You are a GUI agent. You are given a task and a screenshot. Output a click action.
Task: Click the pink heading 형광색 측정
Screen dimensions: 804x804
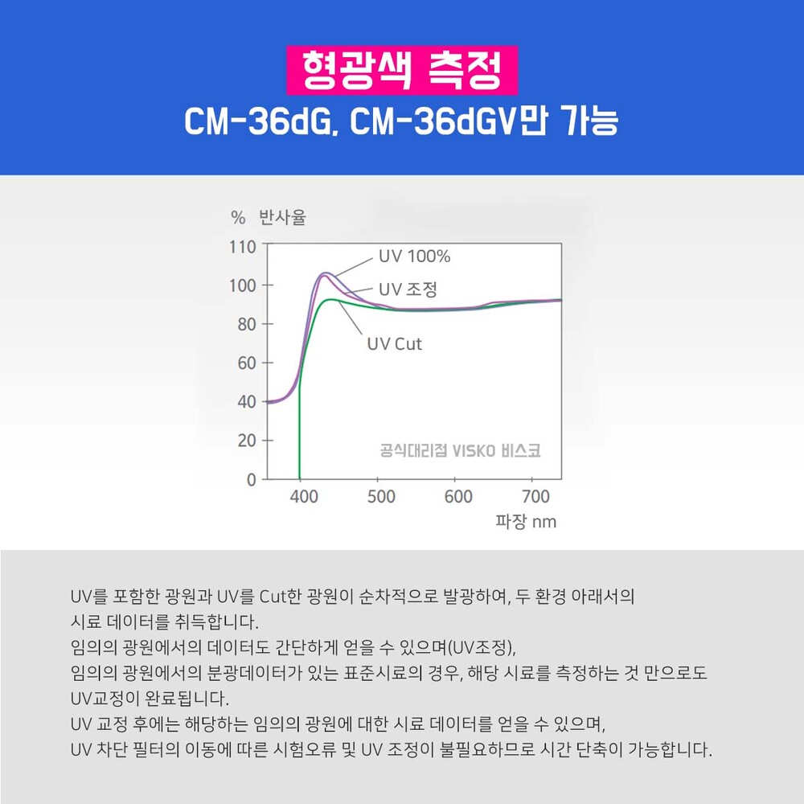[402, 70]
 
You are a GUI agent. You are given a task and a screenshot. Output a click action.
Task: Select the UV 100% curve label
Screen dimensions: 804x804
[414, 256]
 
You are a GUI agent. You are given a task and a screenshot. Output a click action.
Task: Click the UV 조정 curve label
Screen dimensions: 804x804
[408, 289]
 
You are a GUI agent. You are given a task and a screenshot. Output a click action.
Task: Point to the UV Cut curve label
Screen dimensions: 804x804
[394, 343]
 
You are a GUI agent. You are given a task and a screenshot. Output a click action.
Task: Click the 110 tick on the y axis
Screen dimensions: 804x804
[243, 247]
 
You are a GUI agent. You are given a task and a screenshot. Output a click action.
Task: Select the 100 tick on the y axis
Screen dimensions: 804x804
[243, 285]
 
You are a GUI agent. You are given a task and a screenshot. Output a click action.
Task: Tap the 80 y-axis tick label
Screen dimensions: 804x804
[247, 324]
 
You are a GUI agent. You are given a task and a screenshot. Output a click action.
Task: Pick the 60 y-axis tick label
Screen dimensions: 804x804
[247, 363]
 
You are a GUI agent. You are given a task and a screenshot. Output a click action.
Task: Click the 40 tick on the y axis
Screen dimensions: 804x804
[247, 401]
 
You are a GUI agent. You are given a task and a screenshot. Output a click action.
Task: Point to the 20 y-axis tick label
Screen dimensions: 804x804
[247, 441]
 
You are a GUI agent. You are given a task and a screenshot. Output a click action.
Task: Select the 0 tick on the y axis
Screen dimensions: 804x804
[251, 479]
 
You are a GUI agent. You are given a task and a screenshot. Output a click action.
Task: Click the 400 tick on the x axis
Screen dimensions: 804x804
[304, 496]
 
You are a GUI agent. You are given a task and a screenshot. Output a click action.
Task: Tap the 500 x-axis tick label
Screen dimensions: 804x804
[381, 496]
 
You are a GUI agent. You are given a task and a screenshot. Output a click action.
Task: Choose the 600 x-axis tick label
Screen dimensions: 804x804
[458, 496]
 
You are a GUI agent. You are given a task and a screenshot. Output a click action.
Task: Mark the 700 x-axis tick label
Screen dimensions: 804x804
[535, 496]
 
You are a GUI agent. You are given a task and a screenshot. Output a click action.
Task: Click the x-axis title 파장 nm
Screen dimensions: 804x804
[526, 522]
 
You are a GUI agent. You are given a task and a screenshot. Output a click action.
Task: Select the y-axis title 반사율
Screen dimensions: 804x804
[282, 217]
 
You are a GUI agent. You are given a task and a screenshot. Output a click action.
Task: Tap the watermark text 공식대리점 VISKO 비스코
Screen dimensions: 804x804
[460, 450]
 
